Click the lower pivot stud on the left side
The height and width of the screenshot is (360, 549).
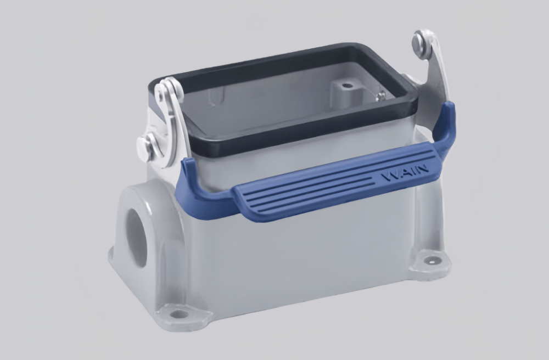point(144,147)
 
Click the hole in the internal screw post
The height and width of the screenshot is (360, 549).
point(346,86)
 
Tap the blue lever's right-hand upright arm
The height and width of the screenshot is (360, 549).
point(446,126)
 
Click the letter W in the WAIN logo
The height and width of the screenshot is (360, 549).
point(388,178)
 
